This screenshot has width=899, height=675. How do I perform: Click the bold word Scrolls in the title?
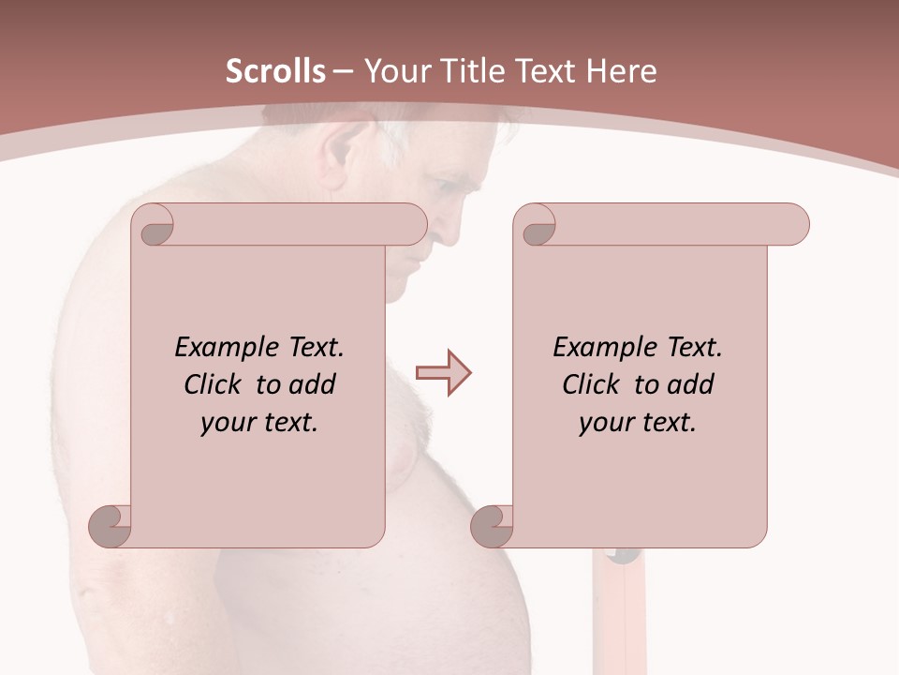point(276,71)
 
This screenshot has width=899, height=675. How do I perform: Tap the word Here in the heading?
point(621,71)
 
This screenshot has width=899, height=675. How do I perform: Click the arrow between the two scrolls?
point(443,373)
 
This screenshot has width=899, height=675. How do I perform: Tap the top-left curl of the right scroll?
point(537,225)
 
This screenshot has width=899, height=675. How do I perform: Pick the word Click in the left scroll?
point(214,384)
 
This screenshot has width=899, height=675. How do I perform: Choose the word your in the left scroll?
point(228,423)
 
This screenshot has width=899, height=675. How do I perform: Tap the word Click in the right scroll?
point(593,384)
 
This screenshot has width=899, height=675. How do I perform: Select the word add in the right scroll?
point(692,384)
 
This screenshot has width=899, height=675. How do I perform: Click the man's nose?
point(448,230)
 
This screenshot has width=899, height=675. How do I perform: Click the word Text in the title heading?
point(541,71)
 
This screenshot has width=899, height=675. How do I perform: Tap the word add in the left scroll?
point(314,384)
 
